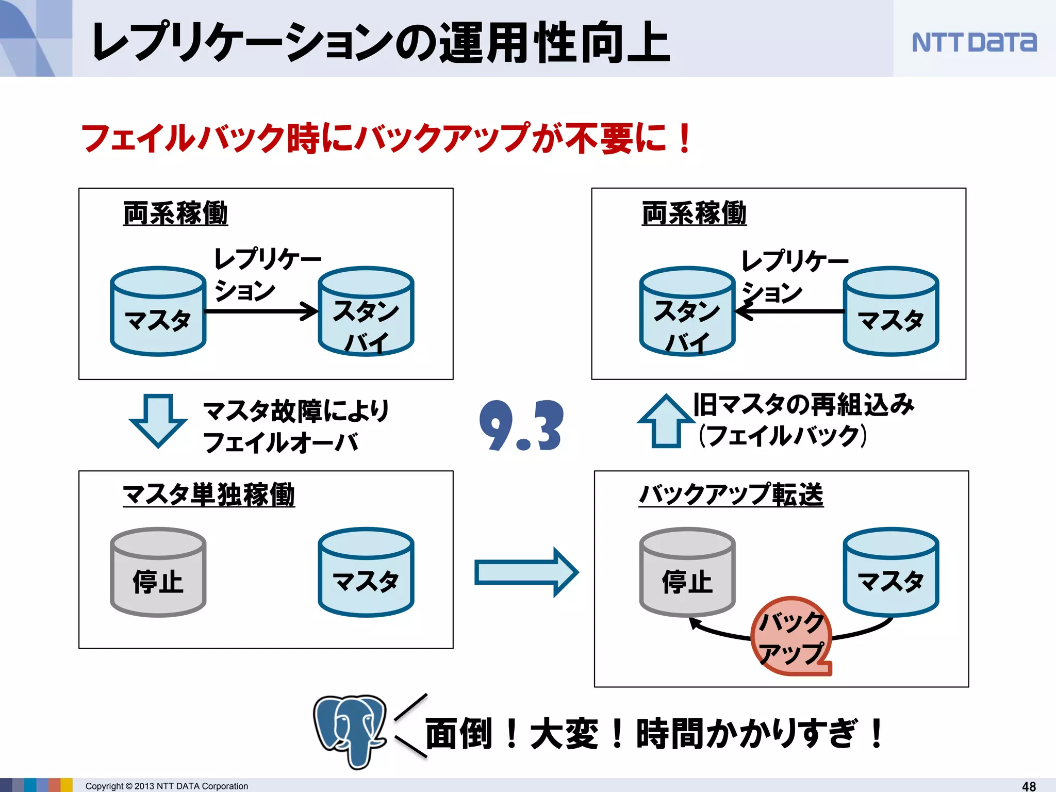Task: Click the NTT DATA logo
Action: (973, 42)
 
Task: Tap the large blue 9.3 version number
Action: (521, 426)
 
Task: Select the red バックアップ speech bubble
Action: (792, 637)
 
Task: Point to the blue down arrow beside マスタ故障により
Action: (158, 420)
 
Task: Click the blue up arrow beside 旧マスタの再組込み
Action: (666, 421)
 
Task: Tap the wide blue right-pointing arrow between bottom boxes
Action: (526, 572)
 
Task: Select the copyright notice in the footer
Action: (167, 786)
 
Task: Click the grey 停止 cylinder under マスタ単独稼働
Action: (158, 572)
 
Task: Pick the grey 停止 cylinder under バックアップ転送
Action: (687, 572)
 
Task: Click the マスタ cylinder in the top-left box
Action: (158, 311)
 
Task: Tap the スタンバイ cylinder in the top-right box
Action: (687, 311)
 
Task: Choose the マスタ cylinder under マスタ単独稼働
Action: (366, 572)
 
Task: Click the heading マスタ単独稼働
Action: (209, 495)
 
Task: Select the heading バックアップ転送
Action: (731, 495)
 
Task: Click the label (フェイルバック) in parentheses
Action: (782, 436)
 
